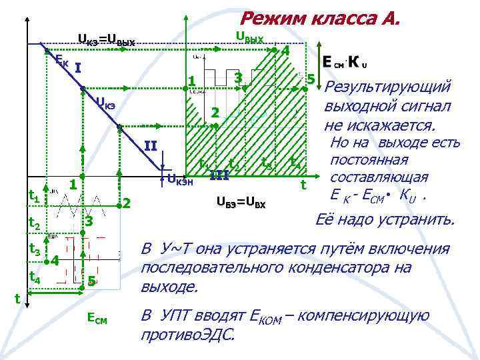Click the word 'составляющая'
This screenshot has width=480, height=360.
pyautogui.click(x=379, y=178)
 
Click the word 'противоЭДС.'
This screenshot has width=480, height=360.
pyautogui.click(x=188, y=334)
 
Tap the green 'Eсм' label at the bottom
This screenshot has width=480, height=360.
pyautogui.click(x=97, y=320)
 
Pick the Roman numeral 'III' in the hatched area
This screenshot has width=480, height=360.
pyautogui.click(x=219, y=175)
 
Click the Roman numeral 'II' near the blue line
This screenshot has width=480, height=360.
pyautogui.click(x=151, y=147)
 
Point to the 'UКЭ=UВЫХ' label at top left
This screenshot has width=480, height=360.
pyautogui.click(x=106, y=41)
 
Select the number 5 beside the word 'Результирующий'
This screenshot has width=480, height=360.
pyautogui.click(x=310, y=79)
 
